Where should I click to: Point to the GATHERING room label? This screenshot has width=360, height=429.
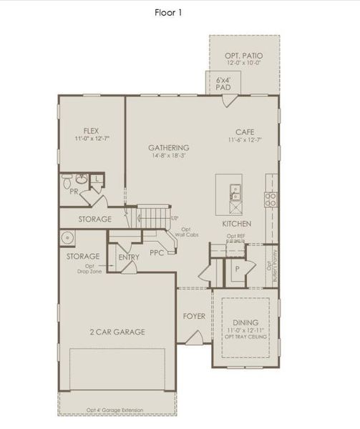coord(168,147)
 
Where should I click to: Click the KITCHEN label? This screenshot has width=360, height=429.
coord(225,284)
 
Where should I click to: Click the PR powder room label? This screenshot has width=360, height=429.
coord(74,192)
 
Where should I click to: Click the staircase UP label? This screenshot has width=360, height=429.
coord(175,217)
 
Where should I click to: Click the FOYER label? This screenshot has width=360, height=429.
coord(193,315)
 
